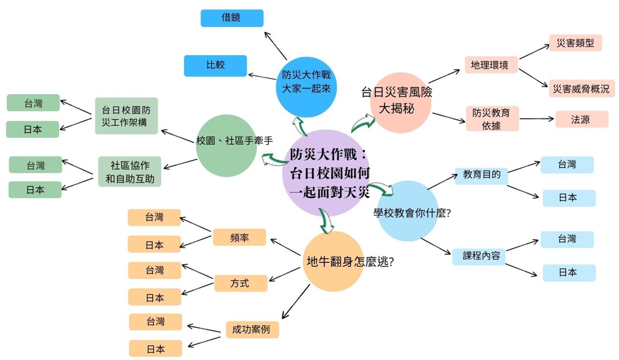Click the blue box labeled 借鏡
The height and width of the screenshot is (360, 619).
coord(232,18)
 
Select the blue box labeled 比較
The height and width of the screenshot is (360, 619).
coord(215,65)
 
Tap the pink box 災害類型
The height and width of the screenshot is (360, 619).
coord(575,43)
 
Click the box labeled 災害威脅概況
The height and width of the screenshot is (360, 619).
coord(581,89)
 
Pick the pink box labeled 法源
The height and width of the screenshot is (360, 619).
coord(581,119)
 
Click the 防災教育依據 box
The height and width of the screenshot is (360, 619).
coord(492,119)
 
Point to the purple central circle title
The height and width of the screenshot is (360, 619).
coord(329,173)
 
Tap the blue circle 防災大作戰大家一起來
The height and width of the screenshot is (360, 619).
coord(306,86)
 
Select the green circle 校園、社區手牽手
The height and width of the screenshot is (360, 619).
coord(227,146)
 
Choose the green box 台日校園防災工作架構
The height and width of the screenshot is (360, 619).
coord(126,116)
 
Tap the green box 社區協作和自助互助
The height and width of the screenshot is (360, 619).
coord(130,172)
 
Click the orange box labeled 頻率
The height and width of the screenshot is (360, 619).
coord(239,238)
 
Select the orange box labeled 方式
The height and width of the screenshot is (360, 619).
coord(240,283)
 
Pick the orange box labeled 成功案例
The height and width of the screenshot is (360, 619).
coord(252,330)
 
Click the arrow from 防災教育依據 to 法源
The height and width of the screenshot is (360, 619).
coord(536,119)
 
